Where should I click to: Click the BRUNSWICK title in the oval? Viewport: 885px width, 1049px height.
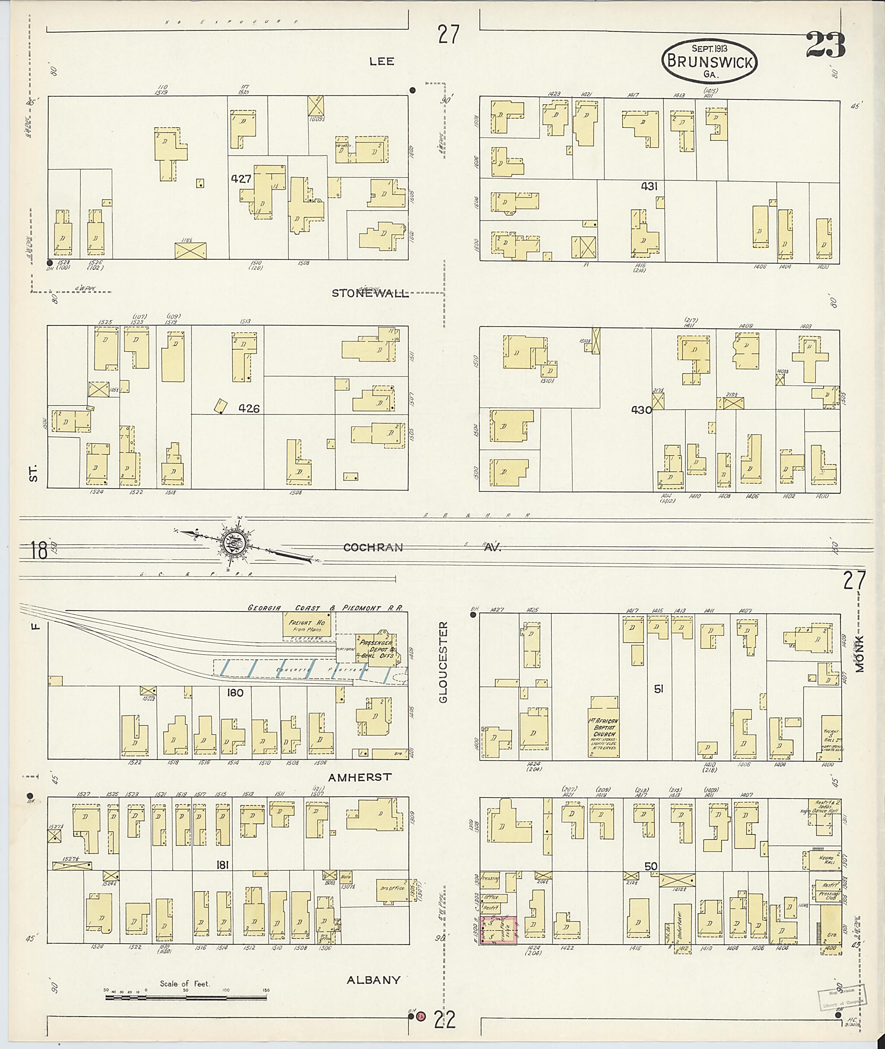coord(710,62)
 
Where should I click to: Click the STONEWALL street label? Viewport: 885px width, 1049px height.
coord(370,293)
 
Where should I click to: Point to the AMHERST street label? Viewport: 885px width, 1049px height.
coord(360,777)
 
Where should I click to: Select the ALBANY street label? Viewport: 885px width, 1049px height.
coord(373,980)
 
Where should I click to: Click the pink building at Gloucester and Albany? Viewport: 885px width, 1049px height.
coord(499,930)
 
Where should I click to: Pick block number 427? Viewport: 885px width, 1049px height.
coord(241,178)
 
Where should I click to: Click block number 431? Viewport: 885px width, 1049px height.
coord(649,186)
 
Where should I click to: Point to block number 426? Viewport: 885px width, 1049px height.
coord(249,409)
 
